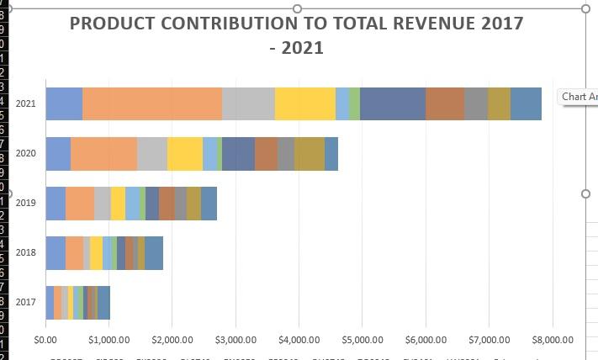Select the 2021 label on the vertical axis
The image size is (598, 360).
25,103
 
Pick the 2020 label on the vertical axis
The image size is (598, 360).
25,153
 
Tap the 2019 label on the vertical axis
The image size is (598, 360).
25,203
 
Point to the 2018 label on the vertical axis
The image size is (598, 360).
25,252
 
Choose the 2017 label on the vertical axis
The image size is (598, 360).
25,302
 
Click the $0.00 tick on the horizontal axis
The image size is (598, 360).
45,340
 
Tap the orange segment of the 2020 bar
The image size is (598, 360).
103,153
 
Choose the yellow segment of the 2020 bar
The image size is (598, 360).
185,153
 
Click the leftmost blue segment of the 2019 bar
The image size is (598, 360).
56,203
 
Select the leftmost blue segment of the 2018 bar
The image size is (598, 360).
56,252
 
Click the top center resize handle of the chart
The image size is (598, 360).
297,8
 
